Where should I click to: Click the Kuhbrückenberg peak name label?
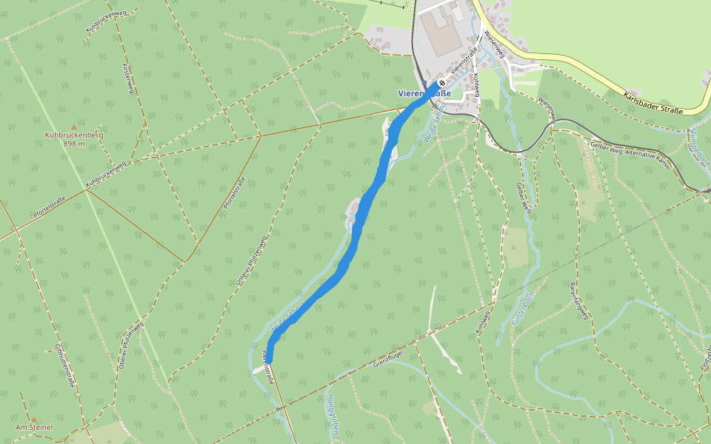pyautogui.click(x=73, y=136)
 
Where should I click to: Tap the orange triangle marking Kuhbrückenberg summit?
pyautogui.click(x=73, y=127)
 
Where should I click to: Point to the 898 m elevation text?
pyautogui.click(x=73, y=144)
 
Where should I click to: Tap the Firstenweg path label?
pyautogui.click(x=127, y=78)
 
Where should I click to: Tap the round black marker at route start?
pyautogui.click(x=441, y=83)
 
